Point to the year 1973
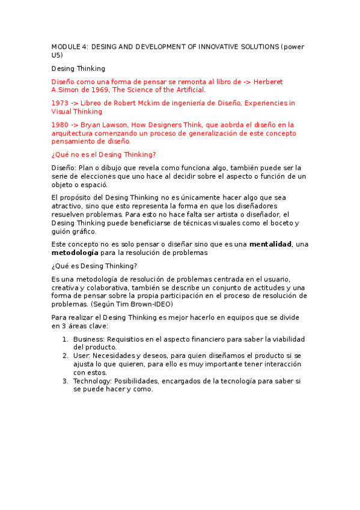pyautogui.click(x=60, y=103)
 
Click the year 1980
pyautogui.click(x=60, y=124)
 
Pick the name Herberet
pyautogui.click(x=267, y=81)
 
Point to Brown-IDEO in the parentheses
pyautogui.click(x=150, y=304)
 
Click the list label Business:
pyautogui.click(x=89, y=339)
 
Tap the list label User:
pyautogui.click(x=82, y=355)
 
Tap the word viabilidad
pyautogui.click(x=287, y=339)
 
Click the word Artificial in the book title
pyautogui.click(x=188, y=90)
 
